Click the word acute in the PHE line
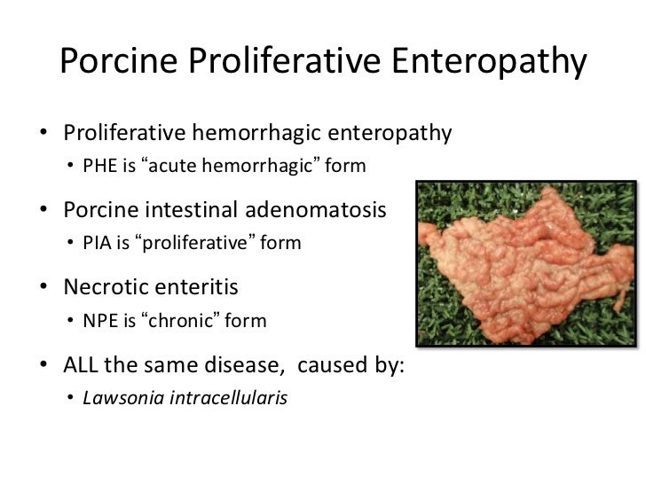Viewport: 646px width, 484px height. pos(170,166)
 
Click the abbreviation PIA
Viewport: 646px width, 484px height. pos(97,243)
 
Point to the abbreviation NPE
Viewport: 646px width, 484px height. pos(99,320)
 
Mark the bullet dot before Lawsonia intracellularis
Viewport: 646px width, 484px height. pos(70,398)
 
